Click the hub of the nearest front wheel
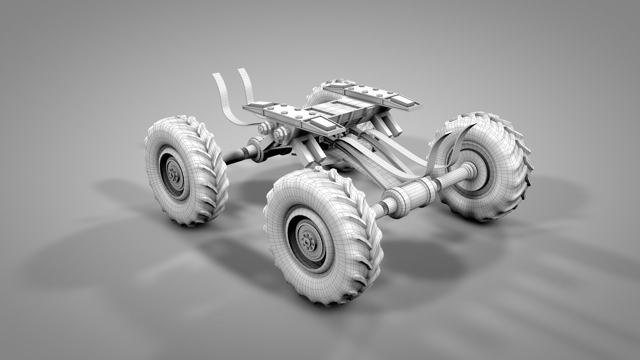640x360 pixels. (x=306, y=240)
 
